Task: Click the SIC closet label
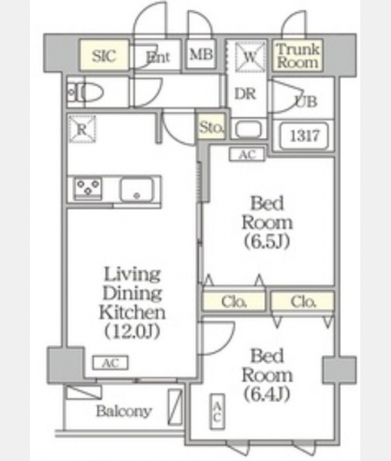(104, 56)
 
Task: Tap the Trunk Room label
(297, 55)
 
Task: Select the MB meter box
(201, 54)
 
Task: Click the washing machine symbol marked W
(250, 57)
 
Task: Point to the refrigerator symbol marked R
(82, 129)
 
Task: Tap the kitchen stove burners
(88, 188)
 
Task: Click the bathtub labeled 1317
(304, 136)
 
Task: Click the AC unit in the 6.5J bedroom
(247, 154)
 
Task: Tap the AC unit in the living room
(111, 363)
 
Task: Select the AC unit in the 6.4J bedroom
(217, 411)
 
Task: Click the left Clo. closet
(234, 301)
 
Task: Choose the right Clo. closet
(303, 301)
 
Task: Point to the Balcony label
(124, 411)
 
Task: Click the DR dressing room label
(246, 94)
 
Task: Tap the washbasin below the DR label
(248, 129)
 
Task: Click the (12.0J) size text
(132, 331)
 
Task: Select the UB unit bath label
(307, 101)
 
